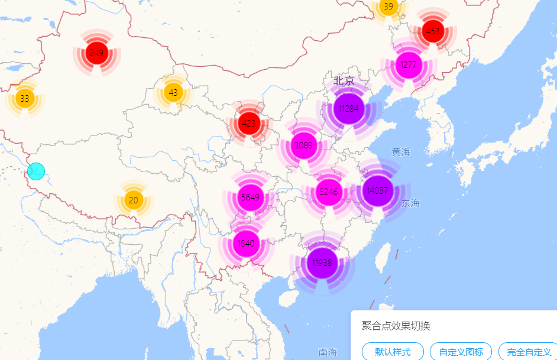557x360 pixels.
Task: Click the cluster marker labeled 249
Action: pyautogui.click(x=96, y=53)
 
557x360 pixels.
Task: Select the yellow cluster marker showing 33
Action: pyautogui.click(x=24, y=99)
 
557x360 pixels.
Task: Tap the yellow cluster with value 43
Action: pyautogui.click(x=173, y=93)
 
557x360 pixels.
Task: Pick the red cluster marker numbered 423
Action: pyautogui.click(x=249, y=124)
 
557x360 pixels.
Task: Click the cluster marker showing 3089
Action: pyautogui.click(x=303, y=145)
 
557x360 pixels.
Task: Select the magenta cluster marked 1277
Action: pyautogui.click(x=408, y=65)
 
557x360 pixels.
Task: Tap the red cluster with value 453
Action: pyautogui.click(x=433, y=31)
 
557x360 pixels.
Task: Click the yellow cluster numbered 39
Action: pyautogui.click(x=388, y=7)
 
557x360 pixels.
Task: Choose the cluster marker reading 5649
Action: pyautogui.click(x=250, y=197)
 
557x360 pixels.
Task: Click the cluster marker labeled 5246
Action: pyautogui.click(x=328, y=192)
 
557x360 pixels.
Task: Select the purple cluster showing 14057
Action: pyautogui.click(x=377, y=190)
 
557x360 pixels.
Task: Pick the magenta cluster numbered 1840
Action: pyautogui.click(x=245, y=243)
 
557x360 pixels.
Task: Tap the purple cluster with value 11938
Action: pyautogui.click(x=322, y=263)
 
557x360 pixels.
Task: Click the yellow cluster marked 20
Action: pyautogui.click(x=134, y=200)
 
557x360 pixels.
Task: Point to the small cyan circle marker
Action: pyautogui.click(x=36, y=171)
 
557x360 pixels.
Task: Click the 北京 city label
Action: pyautogui.click(x=344, y=80)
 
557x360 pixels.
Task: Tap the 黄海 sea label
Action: pyautogui.click(x=400, y=152)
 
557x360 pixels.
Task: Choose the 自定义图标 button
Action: pyautogui.click(x=461, y=352)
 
